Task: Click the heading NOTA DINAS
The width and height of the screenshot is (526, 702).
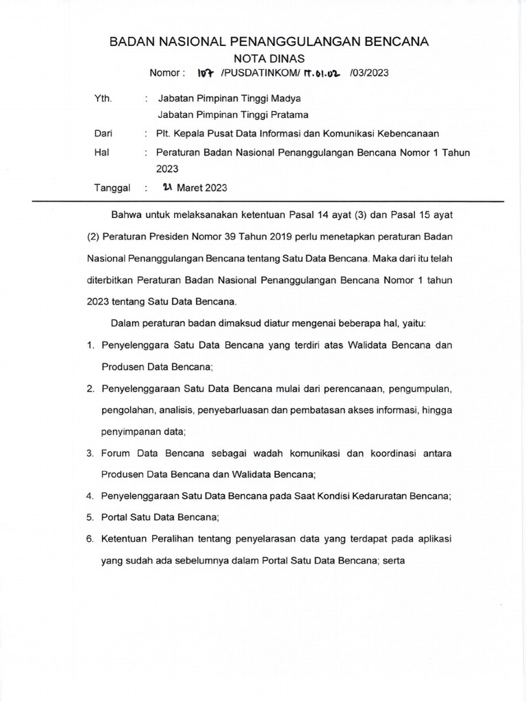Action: pos(269,58)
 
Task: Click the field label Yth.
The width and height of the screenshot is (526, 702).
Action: pos(102,99)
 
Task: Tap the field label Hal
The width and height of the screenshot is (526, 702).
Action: pos(101,152)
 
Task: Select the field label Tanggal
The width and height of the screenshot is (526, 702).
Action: pos(111,187)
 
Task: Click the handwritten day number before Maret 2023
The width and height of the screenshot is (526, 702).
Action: pos(167,186)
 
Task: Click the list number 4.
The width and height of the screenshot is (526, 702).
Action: pos(90,496)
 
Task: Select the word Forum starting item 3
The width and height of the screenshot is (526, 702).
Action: pos(116,453)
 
